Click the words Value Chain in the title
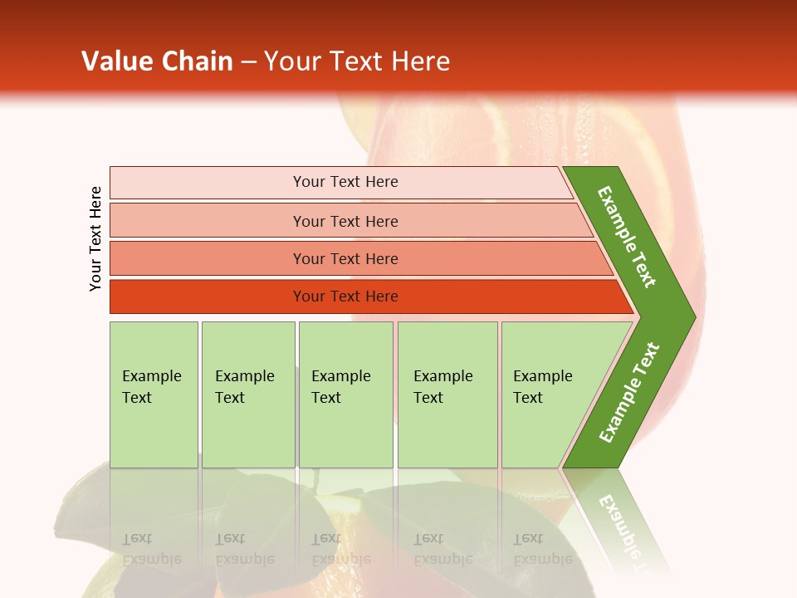coord(157,61)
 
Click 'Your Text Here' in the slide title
coord(357,61)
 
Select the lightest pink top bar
coord(208,183)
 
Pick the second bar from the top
coord(208,221)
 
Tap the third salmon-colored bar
coord(208,258)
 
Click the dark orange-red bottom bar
coord(208,297)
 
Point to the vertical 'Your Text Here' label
coord(95,238)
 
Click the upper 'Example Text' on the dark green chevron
coord(627,237)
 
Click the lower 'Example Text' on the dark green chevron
coord(629,393)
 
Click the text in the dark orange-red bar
coord(345,297)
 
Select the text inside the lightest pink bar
coord(345,182)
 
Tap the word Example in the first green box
coord(151,376)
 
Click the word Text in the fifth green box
coord(527,398)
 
